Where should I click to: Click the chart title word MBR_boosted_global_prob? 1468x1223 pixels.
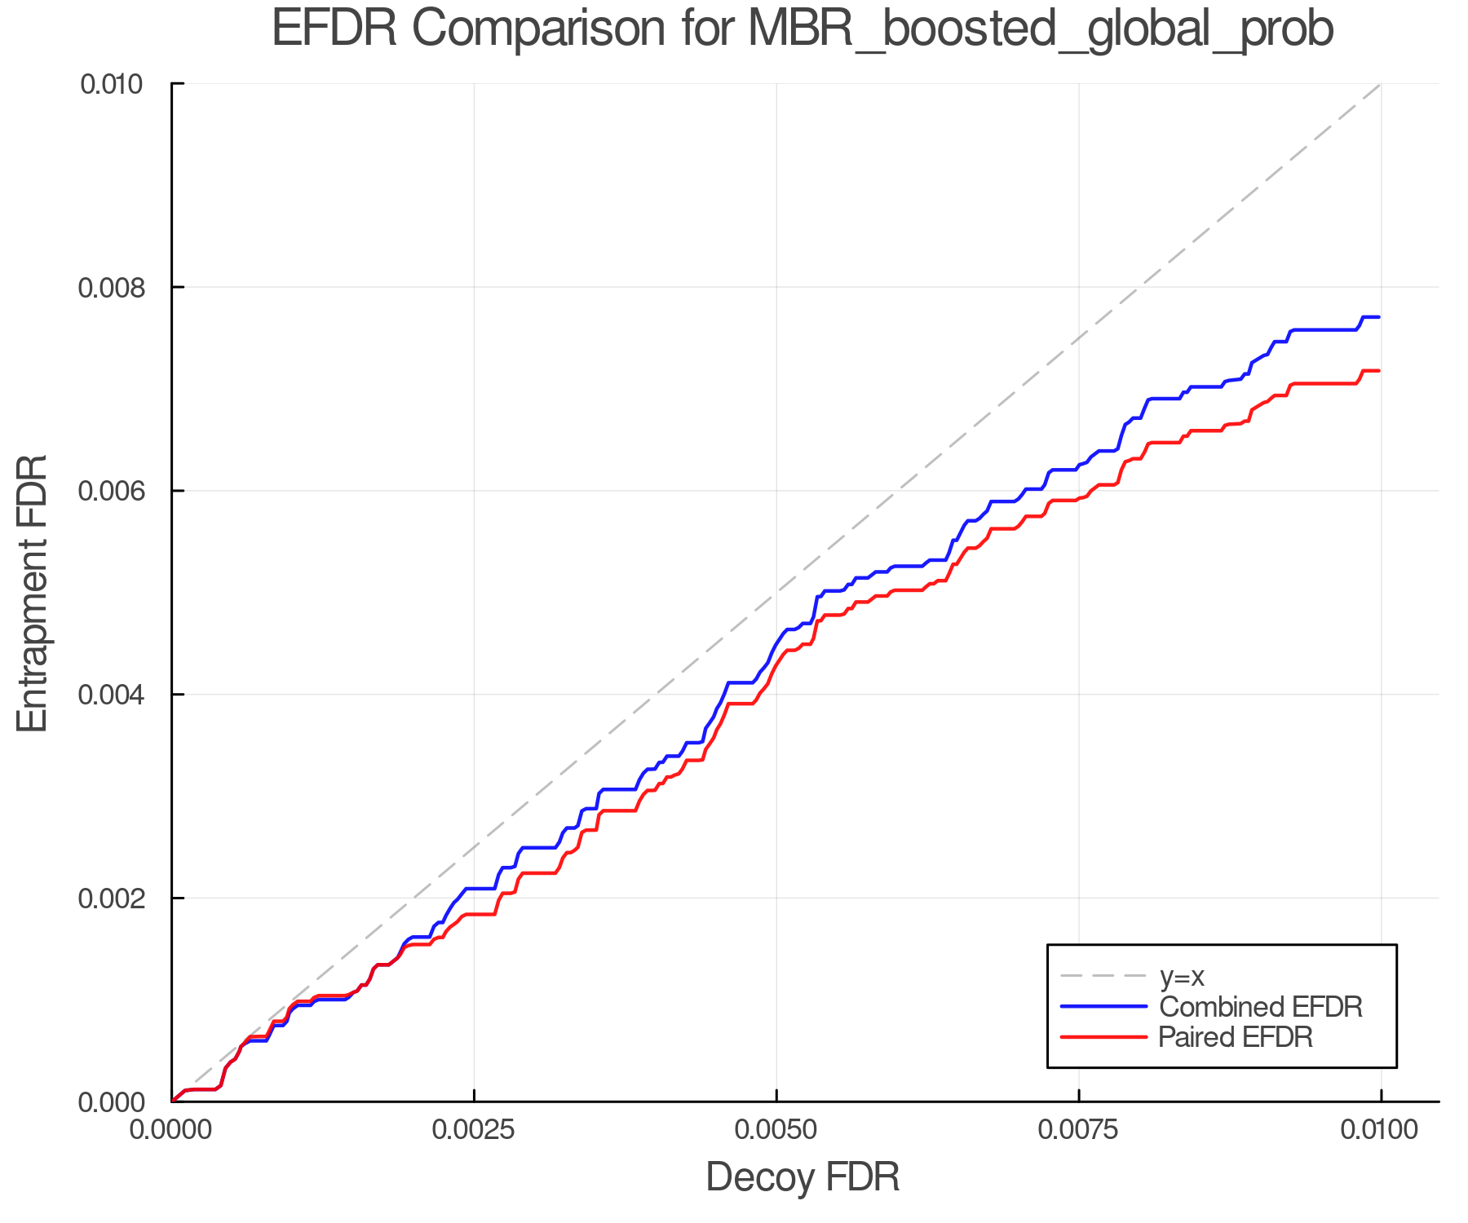pos(1040,29)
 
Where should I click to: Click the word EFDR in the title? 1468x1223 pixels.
pos(334,29)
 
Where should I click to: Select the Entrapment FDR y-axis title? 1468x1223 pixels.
pos(33,594)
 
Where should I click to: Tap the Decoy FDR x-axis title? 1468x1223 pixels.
pos(803,1177)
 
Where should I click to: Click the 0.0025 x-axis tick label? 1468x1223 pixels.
pos(474,1130)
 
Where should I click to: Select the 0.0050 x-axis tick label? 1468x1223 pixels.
pos(776,1130)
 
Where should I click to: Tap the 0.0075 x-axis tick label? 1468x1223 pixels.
pos(1079,1130)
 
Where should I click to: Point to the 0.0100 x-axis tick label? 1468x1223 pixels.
pos(1381,1130)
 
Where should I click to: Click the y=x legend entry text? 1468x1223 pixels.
pos(1182,976)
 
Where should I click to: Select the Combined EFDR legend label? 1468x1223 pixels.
pos(1261,1007)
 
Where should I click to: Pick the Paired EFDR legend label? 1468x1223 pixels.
pos(1236,1037)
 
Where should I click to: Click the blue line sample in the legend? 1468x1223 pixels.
pos(1103,1007)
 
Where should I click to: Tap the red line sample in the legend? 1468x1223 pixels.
pos(1103,1037)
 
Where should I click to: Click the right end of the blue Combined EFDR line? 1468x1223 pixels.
pos(1379,317)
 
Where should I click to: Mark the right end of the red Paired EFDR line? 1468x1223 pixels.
pos(1379,371)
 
